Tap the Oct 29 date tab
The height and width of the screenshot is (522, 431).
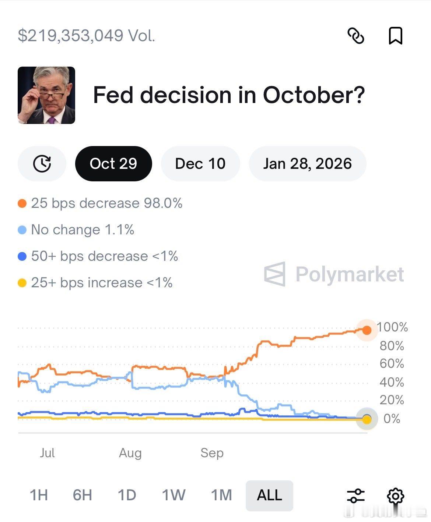(x=113, y=164)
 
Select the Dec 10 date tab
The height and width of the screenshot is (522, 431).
(x=200, y=164)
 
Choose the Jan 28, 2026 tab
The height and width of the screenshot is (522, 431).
(x=307, y=164)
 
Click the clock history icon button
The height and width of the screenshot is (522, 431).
(x=42, y=164)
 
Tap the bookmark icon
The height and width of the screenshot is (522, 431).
(x=395, y=36)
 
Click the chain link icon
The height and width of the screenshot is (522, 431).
(x=356, y=36)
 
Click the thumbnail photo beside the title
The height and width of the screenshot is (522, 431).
(x=46, y=95)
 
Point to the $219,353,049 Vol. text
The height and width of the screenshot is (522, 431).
(x=87, y=36)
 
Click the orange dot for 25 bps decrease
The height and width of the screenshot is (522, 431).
(x=22, y=203)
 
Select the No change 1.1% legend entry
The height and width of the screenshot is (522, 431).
(x=83, y=230)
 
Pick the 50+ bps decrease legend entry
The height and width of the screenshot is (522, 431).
(x=104, y=256)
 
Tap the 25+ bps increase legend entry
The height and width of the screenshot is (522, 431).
(x=102, y=283)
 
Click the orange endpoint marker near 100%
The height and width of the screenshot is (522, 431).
(x=367, y=330)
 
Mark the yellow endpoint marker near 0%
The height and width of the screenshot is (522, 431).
(x=367, y=419)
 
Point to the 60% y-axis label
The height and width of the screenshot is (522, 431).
(x=392, y=364)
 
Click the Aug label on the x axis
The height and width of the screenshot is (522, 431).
(x=130, y=453)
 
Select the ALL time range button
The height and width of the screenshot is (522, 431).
(x=269, y=495)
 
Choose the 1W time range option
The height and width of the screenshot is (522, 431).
(x=174, y=495)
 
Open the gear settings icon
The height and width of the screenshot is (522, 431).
(x=395, y=496)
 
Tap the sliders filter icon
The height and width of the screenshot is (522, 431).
(x=356, y=496)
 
